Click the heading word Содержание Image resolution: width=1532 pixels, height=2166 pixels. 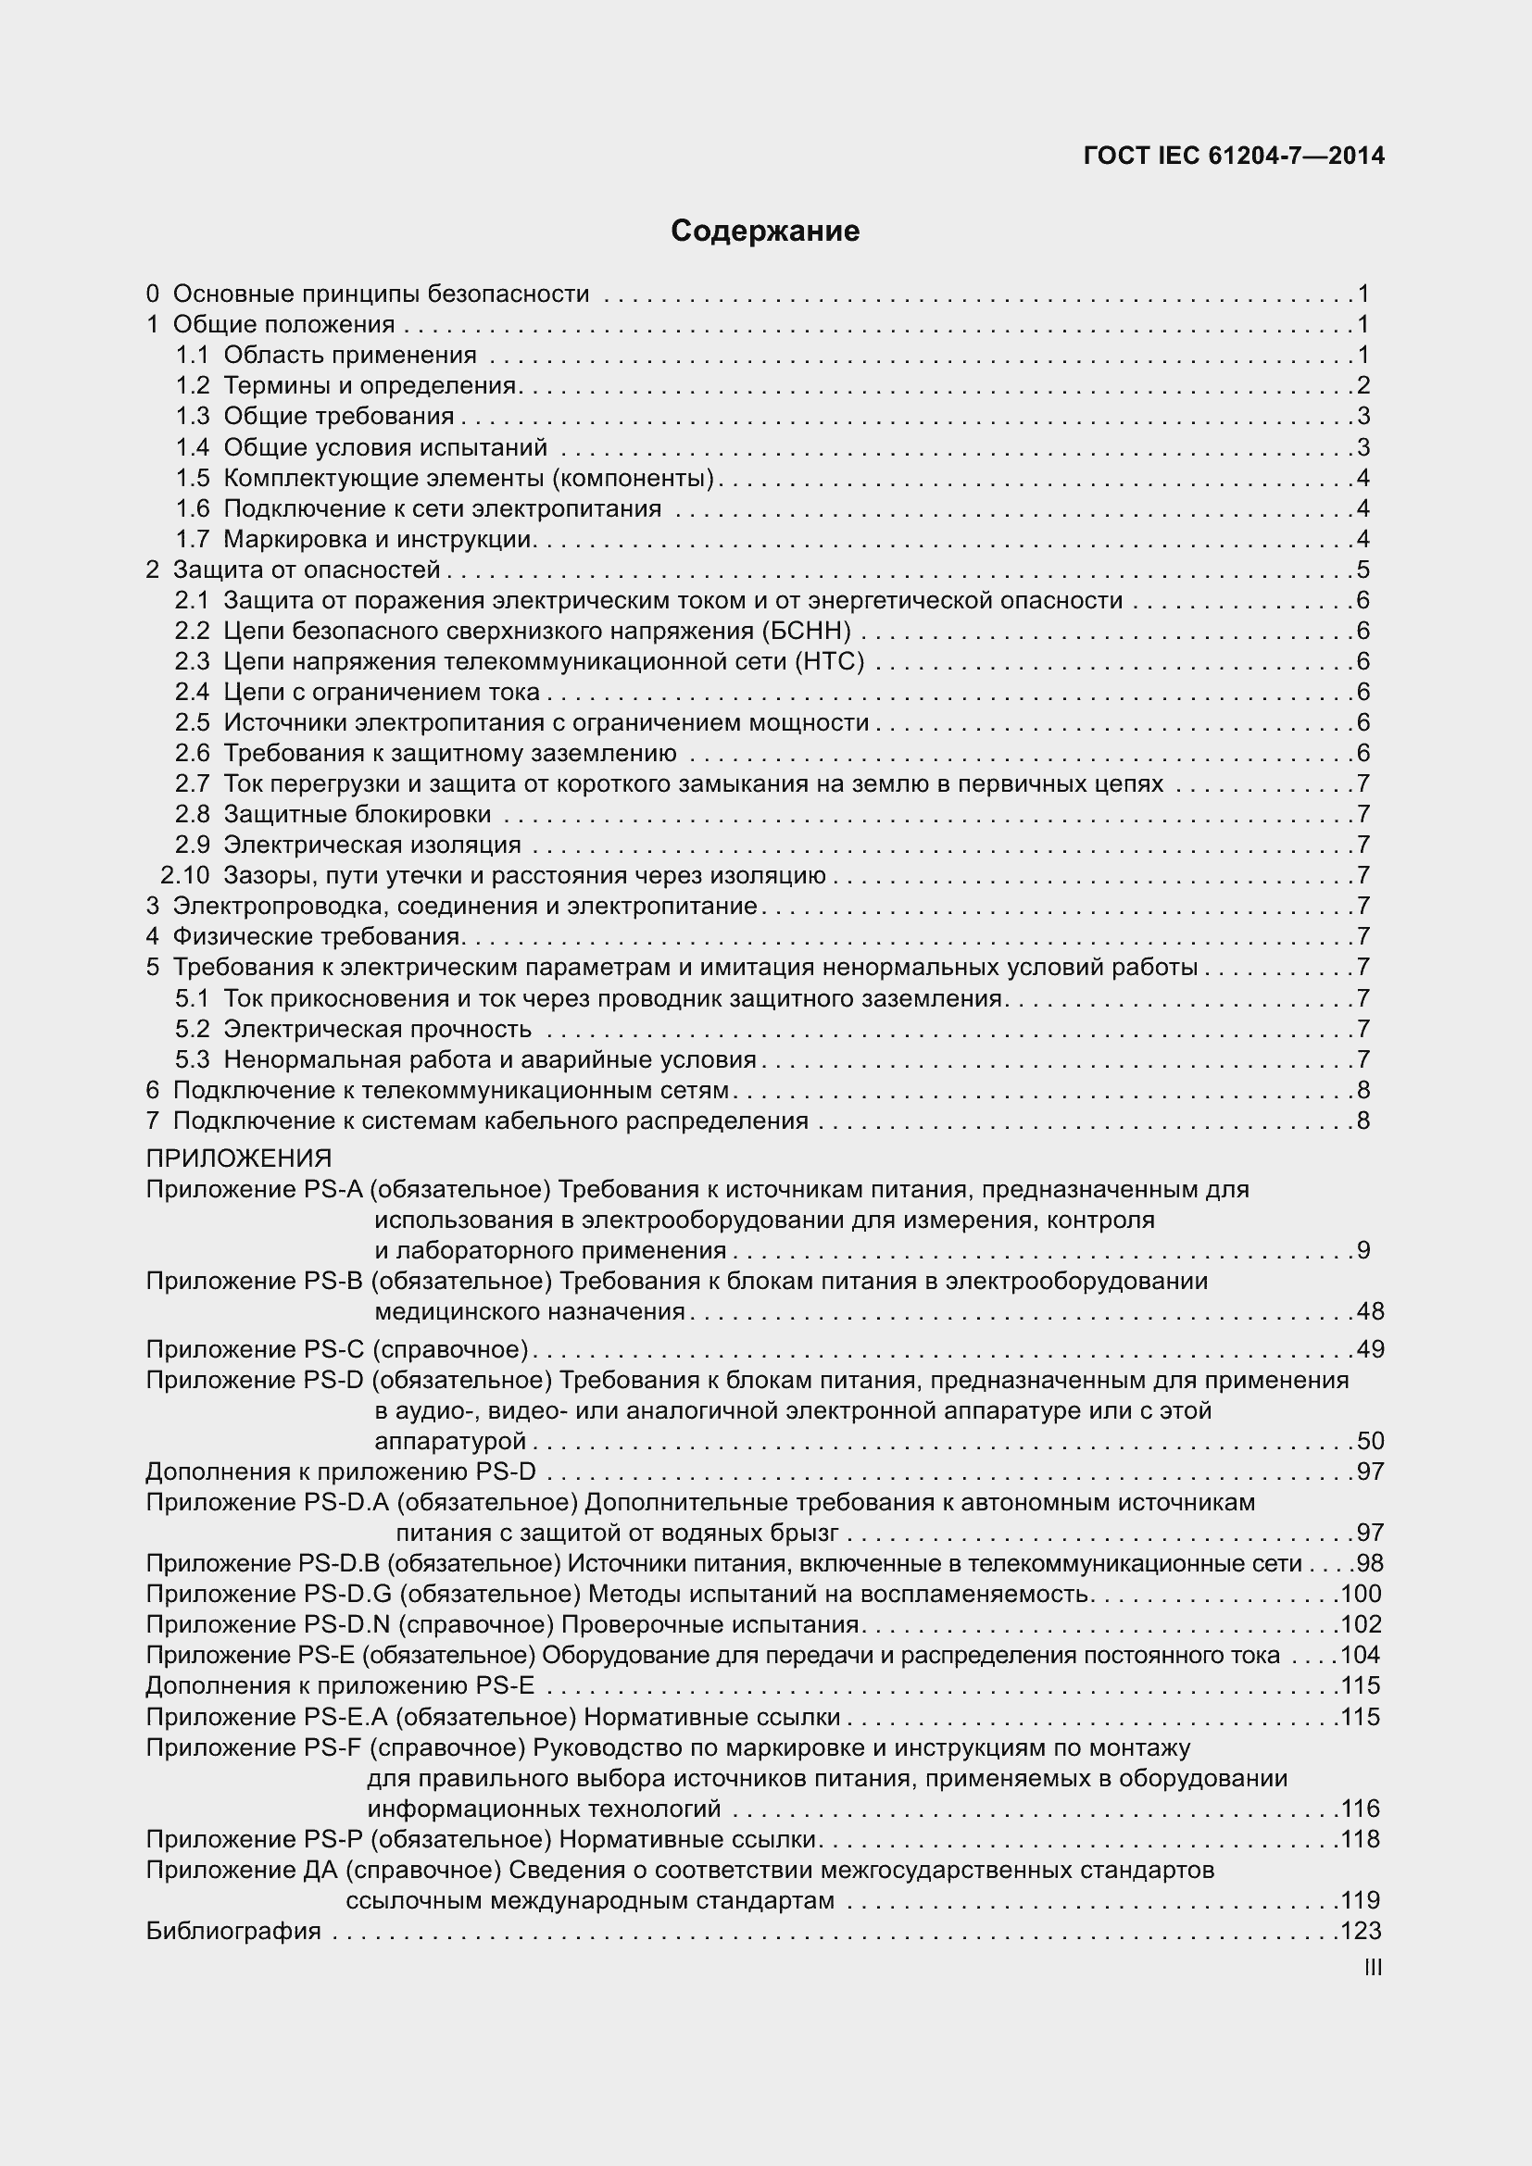point(765,232)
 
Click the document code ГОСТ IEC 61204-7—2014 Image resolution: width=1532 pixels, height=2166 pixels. point(1234,157)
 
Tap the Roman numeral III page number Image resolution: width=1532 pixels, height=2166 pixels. point(1374,1968)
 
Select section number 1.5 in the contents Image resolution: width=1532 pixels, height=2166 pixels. point(193,478)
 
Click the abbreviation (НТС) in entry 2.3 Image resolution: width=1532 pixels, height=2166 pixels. point(830,661)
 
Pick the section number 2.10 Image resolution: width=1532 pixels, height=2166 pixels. point(185,875)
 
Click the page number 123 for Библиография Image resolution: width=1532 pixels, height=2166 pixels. point(1361,1931)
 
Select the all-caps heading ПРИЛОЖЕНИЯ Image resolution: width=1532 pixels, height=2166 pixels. point(239,1158)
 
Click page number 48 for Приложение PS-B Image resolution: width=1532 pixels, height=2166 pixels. point(1370,1311)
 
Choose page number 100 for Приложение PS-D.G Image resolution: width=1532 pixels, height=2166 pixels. point(1361,1595)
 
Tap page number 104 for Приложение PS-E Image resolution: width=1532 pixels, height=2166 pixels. point(1361,1655)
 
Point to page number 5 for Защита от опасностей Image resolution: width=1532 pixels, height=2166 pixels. point(1363,570)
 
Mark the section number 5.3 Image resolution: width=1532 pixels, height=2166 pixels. point(193,1059)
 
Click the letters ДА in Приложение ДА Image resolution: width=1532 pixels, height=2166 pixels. point(320,1870)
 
